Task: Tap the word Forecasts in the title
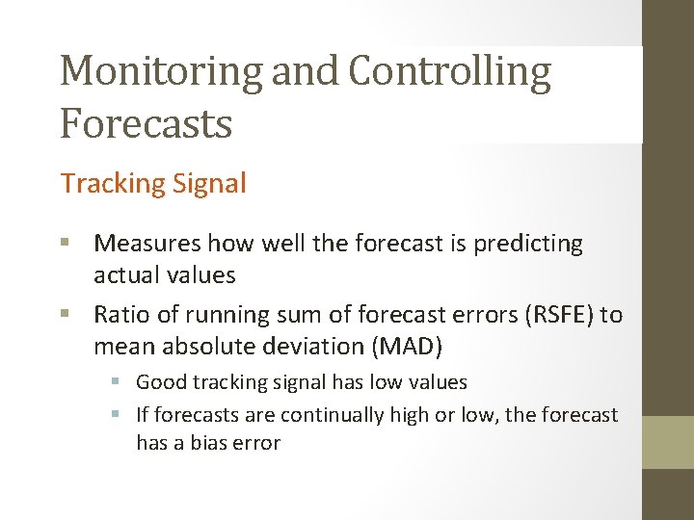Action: click(x=146, y=123)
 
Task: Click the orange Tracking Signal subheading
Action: click(x=153, y=183)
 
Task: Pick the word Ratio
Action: click(x=121, y=314)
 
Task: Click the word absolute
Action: click(x=200, y=345)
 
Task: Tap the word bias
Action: click(x=209, y=443)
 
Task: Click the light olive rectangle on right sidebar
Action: click(x=668, y=442)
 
